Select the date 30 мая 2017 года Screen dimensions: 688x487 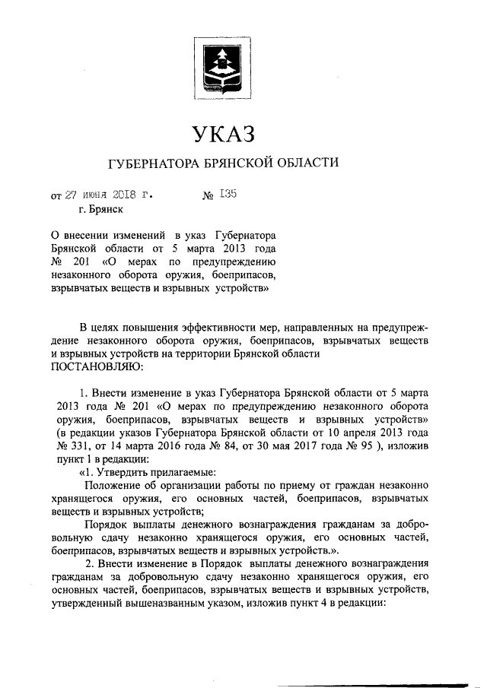(293, 446)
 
